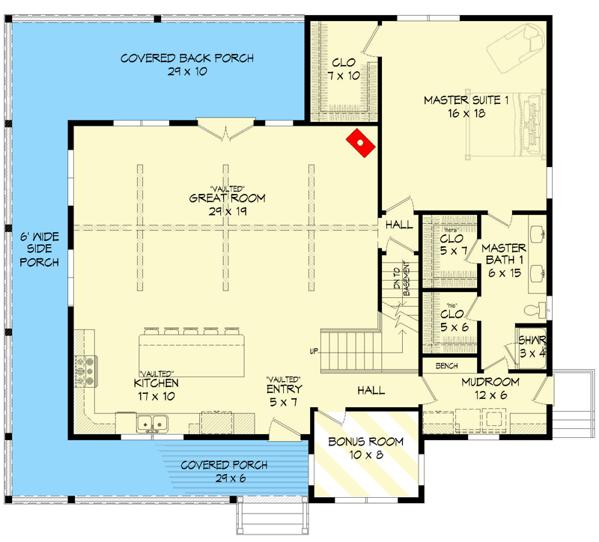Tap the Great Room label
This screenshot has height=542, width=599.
(x=228, y=204)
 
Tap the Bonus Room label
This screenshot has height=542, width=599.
(x=366, y=448)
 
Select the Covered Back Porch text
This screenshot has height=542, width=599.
(x=187, y=65)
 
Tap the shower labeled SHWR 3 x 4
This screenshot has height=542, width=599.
(x=532, y=347)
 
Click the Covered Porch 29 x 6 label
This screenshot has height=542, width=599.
(x=225, y=472)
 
